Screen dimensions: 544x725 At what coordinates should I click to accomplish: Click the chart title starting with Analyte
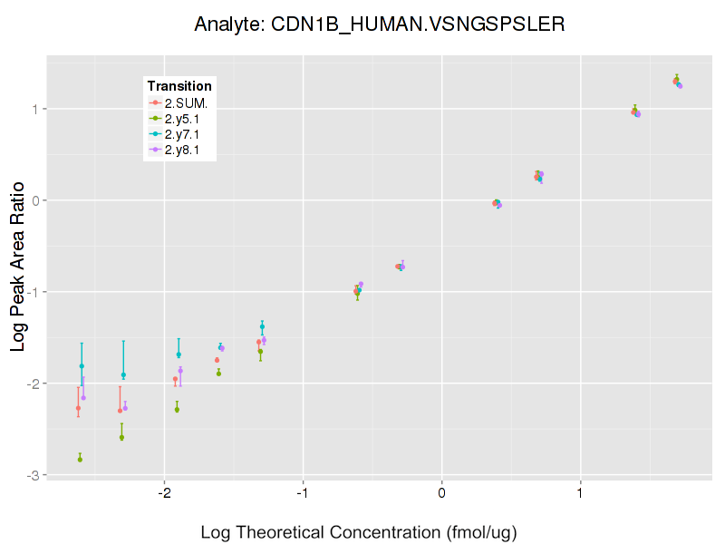(380, 24)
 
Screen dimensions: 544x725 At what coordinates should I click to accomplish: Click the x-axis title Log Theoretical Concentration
(358, 532)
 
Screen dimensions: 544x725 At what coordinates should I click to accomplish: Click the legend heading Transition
(179, 86)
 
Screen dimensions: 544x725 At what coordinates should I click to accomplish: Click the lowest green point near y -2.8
(80, 460)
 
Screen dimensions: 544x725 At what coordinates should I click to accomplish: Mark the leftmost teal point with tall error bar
(82, 366)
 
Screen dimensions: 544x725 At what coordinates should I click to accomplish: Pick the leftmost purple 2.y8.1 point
(83, 397)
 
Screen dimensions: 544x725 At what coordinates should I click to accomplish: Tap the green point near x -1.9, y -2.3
(177, 409)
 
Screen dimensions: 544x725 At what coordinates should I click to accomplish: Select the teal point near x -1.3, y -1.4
(262, 326)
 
